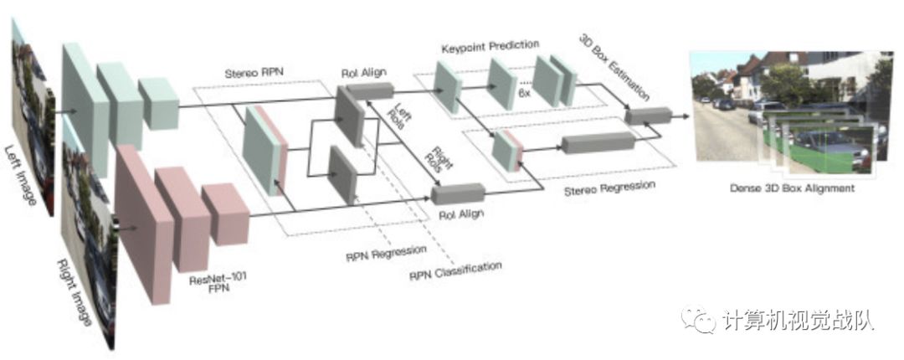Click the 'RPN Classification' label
(x=455, y=270)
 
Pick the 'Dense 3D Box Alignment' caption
(x=790, y=188)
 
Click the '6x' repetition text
(x=525, y=95)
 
